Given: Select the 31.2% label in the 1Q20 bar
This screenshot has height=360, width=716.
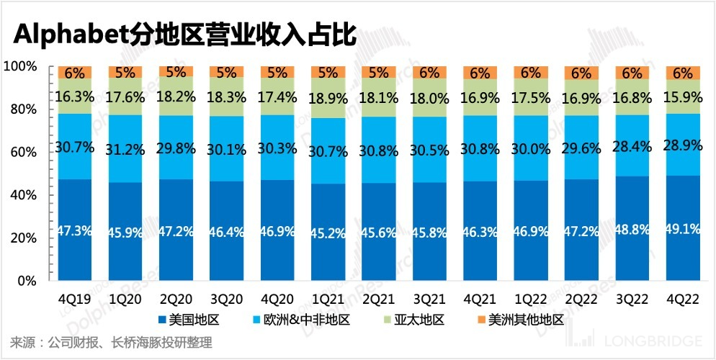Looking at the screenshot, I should tap(125, 147).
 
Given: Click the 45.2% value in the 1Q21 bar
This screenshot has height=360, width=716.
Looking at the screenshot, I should tap(328, 233).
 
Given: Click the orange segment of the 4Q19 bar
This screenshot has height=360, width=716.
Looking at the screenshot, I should tap(74, 72).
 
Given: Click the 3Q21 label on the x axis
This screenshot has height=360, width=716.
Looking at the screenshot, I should tap(429, 298).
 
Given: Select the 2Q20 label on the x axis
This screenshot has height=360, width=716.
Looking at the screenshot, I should tap(175, 298).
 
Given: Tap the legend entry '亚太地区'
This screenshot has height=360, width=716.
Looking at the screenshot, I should tap(417, 319).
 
